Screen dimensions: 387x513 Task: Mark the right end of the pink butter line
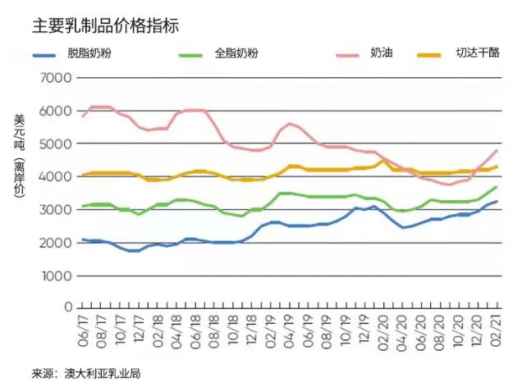tap(497, 150)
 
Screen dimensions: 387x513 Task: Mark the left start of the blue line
tap(83, 239)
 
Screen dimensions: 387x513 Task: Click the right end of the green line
tap(497, 187)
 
